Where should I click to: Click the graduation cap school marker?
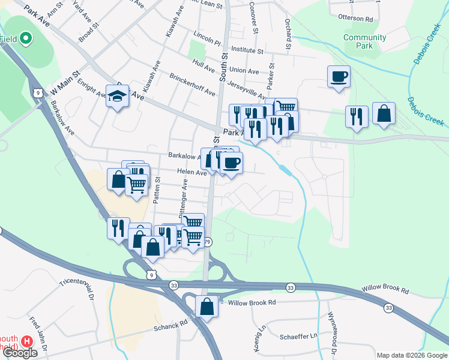117,96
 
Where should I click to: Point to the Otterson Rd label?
355,19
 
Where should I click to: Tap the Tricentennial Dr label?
77,289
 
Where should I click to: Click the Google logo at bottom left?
19,353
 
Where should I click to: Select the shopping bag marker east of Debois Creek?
384,114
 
